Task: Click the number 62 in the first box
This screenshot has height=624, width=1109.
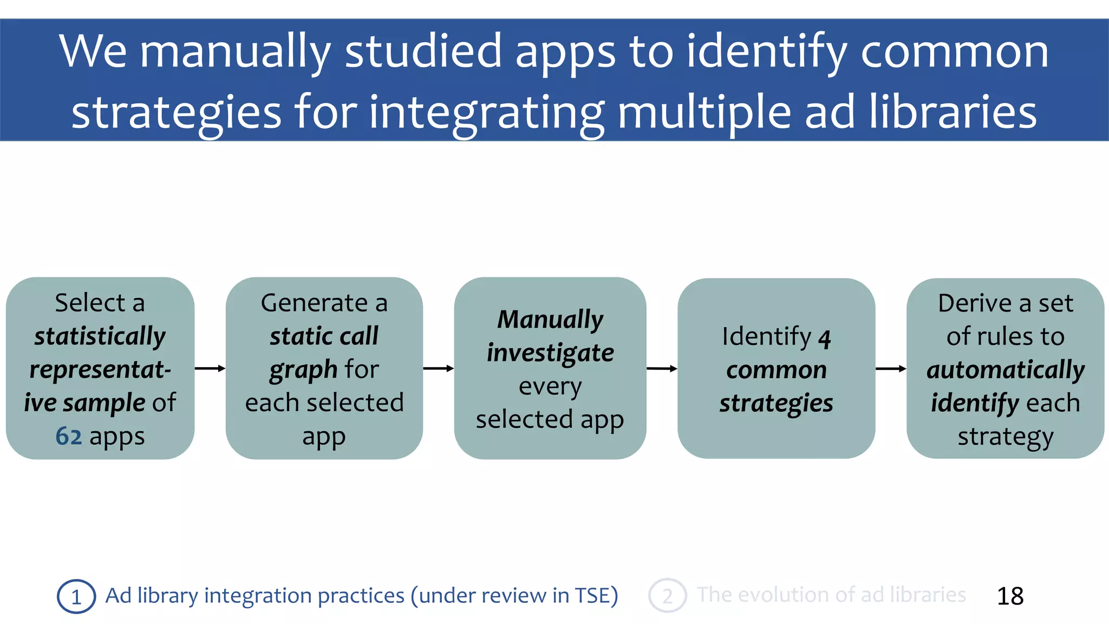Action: pos(68,436)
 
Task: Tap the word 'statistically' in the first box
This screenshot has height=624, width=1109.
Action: pos(100,337)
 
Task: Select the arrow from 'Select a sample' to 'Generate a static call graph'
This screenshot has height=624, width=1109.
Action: pos(210,368)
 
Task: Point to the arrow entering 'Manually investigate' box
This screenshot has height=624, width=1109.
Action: pos(438,368)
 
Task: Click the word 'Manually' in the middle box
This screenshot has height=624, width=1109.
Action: pos(550,320)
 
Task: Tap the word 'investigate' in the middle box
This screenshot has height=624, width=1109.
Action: pos(550,353)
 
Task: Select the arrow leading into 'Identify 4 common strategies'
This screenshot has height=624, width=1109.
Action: pos(662,368)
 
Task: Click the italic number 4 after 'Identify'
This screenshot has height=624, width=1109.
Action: pos(824,339)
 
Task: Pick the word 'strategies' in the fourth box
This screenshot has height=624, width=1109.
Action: pos(776,404)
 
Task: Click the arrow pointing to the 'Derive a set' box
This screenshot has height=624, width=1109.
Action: pos(890,368)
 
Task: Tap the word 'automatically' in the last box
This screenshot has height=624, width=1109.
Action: pos(1005,370)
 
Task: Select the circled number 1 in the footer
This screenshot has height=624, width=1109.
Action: pos(76,596)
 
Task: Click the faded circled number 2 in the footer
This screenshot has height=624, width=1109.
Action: pos(667,596)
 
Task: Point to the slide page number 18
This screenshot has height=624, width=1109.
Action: pos(1010,596)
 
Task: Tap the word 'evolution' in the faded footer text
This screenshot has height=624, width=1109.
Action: pos(783,595)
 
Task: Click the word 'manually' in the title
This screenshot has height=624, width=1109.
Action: pos(235,52)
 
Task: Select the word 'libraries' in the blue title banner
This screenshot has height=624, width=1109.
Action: pos(953,112)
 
